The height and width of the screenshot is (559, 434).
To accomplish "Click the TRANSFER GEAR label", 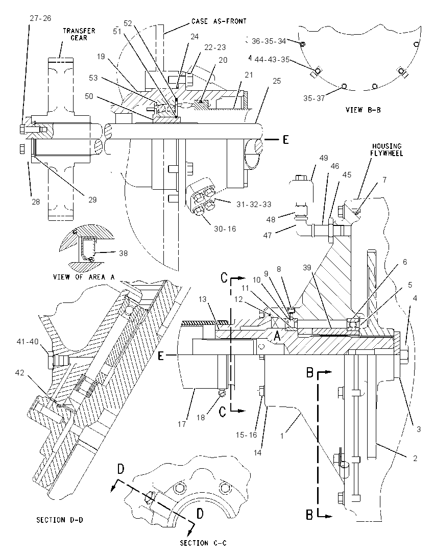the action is (79, 34).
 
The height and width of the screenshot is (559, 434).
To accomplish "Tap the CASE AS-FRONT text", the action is (219, 21).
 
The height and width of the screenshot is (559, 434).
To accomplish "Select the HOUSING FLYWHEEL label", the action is (387, 149).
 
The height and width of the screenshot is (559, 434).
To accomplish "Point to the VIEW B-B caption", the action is (363, 110).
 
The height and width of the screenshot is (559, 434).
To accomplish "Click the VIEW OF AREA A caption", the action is (84, 276).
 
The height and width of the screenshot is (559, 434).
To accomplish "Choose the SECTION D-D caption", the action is (60, 520).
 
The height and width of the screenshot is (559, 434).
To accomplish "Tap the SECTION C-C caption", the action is (203, 543).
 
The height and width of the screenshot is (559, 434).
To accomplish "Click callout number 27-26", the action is (40, 18).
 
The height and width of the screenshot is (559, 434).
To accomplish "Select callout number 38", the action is (123, 253).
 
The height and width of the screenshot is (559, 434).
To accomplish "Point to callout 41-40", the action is (28, 342).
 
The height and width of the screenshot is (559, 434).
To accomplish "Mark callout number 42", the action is (20, 372).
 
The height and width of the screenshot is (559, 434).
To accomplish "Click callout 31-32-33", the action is (254, 205).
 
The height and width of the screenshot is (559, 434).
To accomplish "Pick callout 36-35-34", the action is (269, 41).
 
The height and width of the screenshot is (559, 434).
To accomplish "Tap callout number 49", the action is (324, 158).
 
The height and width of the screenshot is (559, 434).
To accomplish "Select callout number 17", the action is (182, 424).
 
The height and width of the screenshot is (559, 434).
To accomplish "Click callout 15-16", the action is (246, 435).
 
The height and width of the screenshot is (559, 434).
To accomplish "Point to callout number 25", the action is (277, 81).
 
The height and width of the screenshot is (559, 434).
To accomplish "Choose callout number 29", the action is (92, 199).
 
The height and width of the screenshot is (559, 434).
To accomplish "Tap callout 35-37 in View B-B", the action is (314, 98).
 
